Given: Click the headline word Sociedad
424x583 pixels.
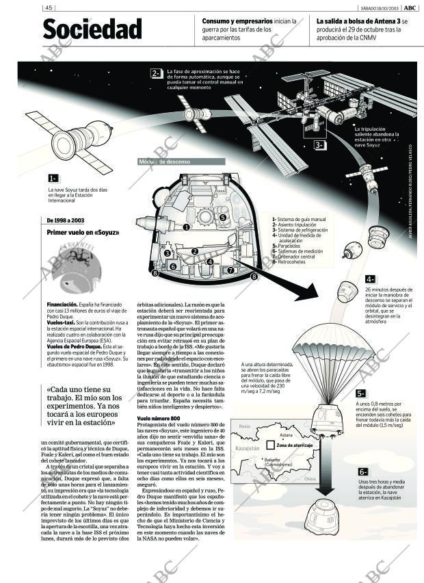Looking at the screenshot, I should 92,29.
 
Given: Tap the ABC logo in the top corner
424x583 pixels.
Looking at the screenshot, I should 410,8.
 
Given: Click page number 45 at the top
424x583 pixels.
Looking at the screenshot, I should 49,8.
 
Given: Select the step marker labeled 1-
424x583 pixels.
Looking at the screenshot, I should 53,179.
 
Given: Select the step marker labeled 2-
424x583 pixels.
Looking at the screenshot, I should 156,73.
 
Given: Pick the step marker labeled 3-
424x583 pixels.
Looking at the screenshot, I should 319,145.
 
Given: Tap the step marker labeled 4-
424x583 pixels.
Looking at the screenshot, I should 369,279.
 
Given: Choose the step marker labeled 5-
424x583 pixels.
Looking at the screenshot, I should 360,393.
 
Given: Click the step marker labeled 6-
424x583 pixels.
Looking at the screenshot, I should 363,472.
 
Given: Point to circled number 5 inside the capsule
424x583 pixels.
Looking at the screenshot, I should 223,218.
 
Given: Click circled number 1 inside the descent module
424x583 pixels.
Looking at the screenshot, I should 186,227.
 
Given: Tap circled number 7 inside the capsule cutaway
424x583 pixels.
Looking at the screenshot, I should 230,270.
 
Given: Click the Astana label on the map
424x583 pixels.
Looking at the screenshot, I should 286,435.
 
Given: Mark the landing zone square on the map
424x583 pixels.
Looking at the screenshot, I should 271,445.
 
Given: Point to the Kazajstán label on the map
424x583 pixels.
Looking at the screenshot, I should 248,448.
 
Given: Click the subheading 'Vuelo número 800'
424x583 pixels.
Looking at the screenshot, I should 159,418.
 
